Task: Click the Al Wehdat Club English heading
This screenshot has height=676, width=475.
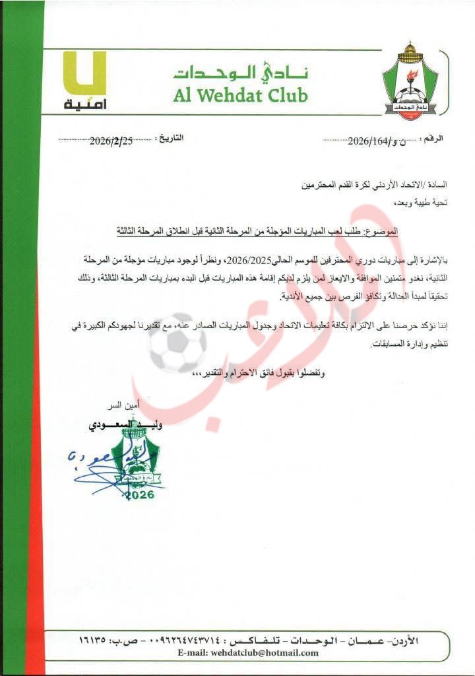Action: (x=241, y=96)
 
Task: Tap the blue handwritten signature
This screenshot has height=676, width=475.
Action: (x=92, y=462)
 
